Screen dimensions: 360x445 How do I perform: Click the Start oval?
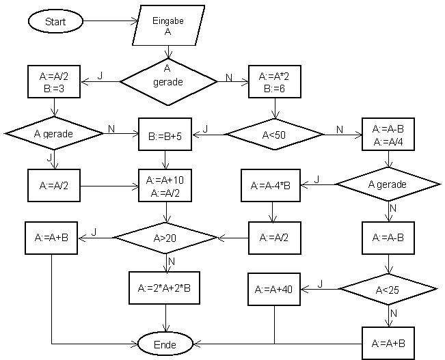pos(55,21)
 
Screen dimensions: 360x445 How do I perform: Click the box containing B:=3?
pos(55,81)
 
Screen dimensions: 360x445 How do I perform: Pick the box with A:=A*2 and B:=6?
pos(275,81)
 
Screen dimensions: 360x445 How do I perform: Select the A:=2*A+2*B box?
pos(165,288)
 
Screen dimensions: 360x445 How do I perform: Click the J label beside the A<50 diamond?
pos(206,128)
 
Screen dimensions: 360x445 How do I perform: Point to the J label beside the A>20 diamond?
pos(94,232)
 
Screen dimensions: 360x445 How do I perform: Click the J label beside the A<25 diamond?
pos(320,283)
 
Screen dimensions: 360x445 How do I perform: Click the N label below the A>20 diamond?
pos(172,261)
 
